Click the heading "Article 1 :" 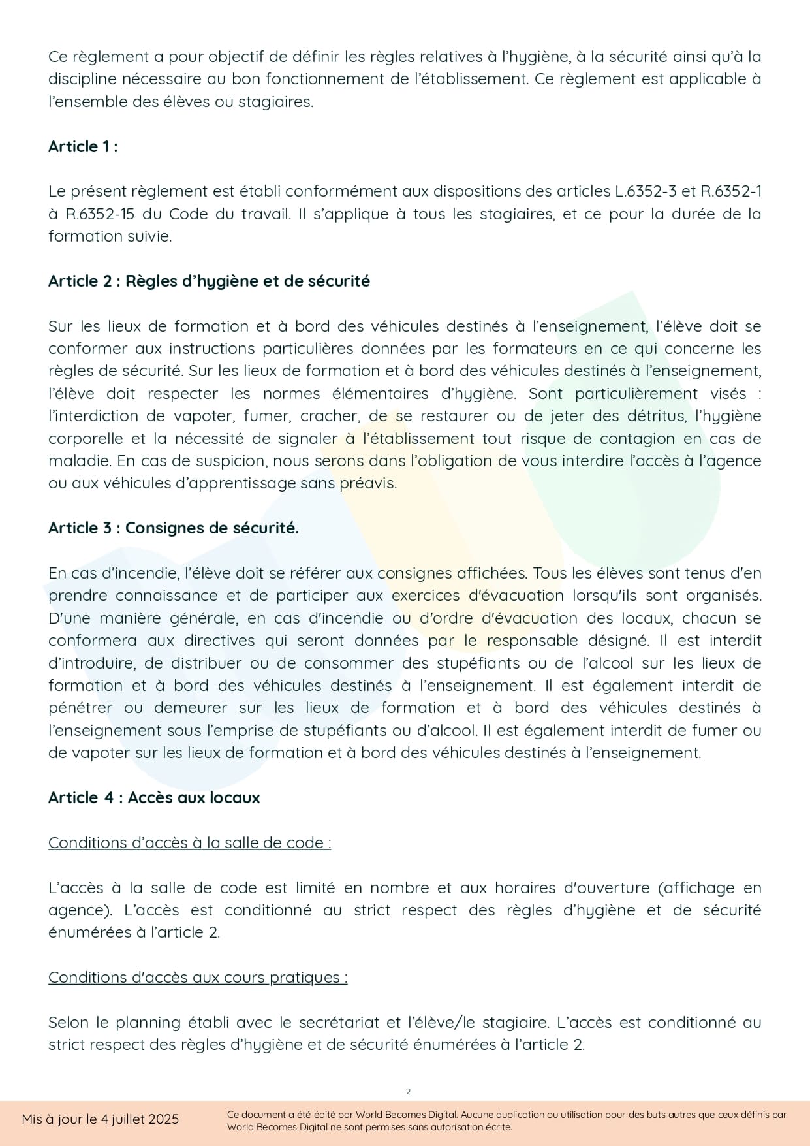click(x=83, y=146)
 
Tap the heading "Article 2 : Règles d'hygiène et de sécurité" click(x=209, y=281)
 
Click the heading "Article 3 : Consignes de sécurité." click(x=174, y=528)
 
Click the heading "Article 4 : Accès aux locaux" click(x=154, y=798)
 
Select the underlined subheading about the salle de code click(x=189, y=843)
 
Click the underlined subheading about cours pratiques click(x=198, y=978)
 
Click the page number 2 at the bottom click(x=409, y=1092)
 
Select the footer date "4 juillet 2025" click(x=139, y=1119)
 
